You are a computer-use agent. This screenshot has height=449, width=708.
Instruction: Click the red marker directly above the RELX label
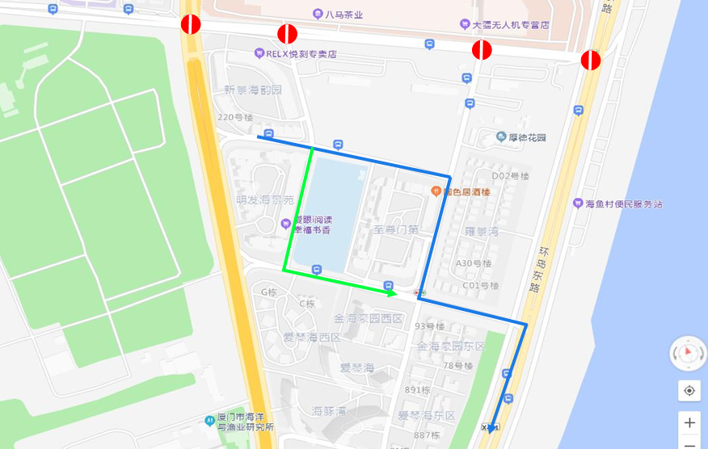point(288,34)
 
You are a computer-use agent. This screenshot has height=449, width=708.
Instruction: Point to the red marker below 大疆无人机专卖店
point(482,50)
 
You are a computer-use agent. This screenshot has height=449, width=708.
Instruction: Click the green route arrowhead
point(390,293)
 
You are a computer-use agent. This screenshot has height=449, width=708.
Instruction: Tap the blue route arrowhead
point(491,427)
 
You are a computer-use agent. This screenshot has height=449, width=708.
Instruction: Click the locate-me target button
point(689,391)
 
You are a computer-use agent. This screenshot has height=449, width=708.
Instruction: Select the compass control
point(689,353)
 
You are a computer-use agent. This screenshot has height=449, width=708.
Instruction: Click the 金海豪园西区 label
point(369,318)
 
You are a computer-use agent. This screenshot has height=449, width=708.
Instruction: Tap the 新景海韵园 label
point(253,90)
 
